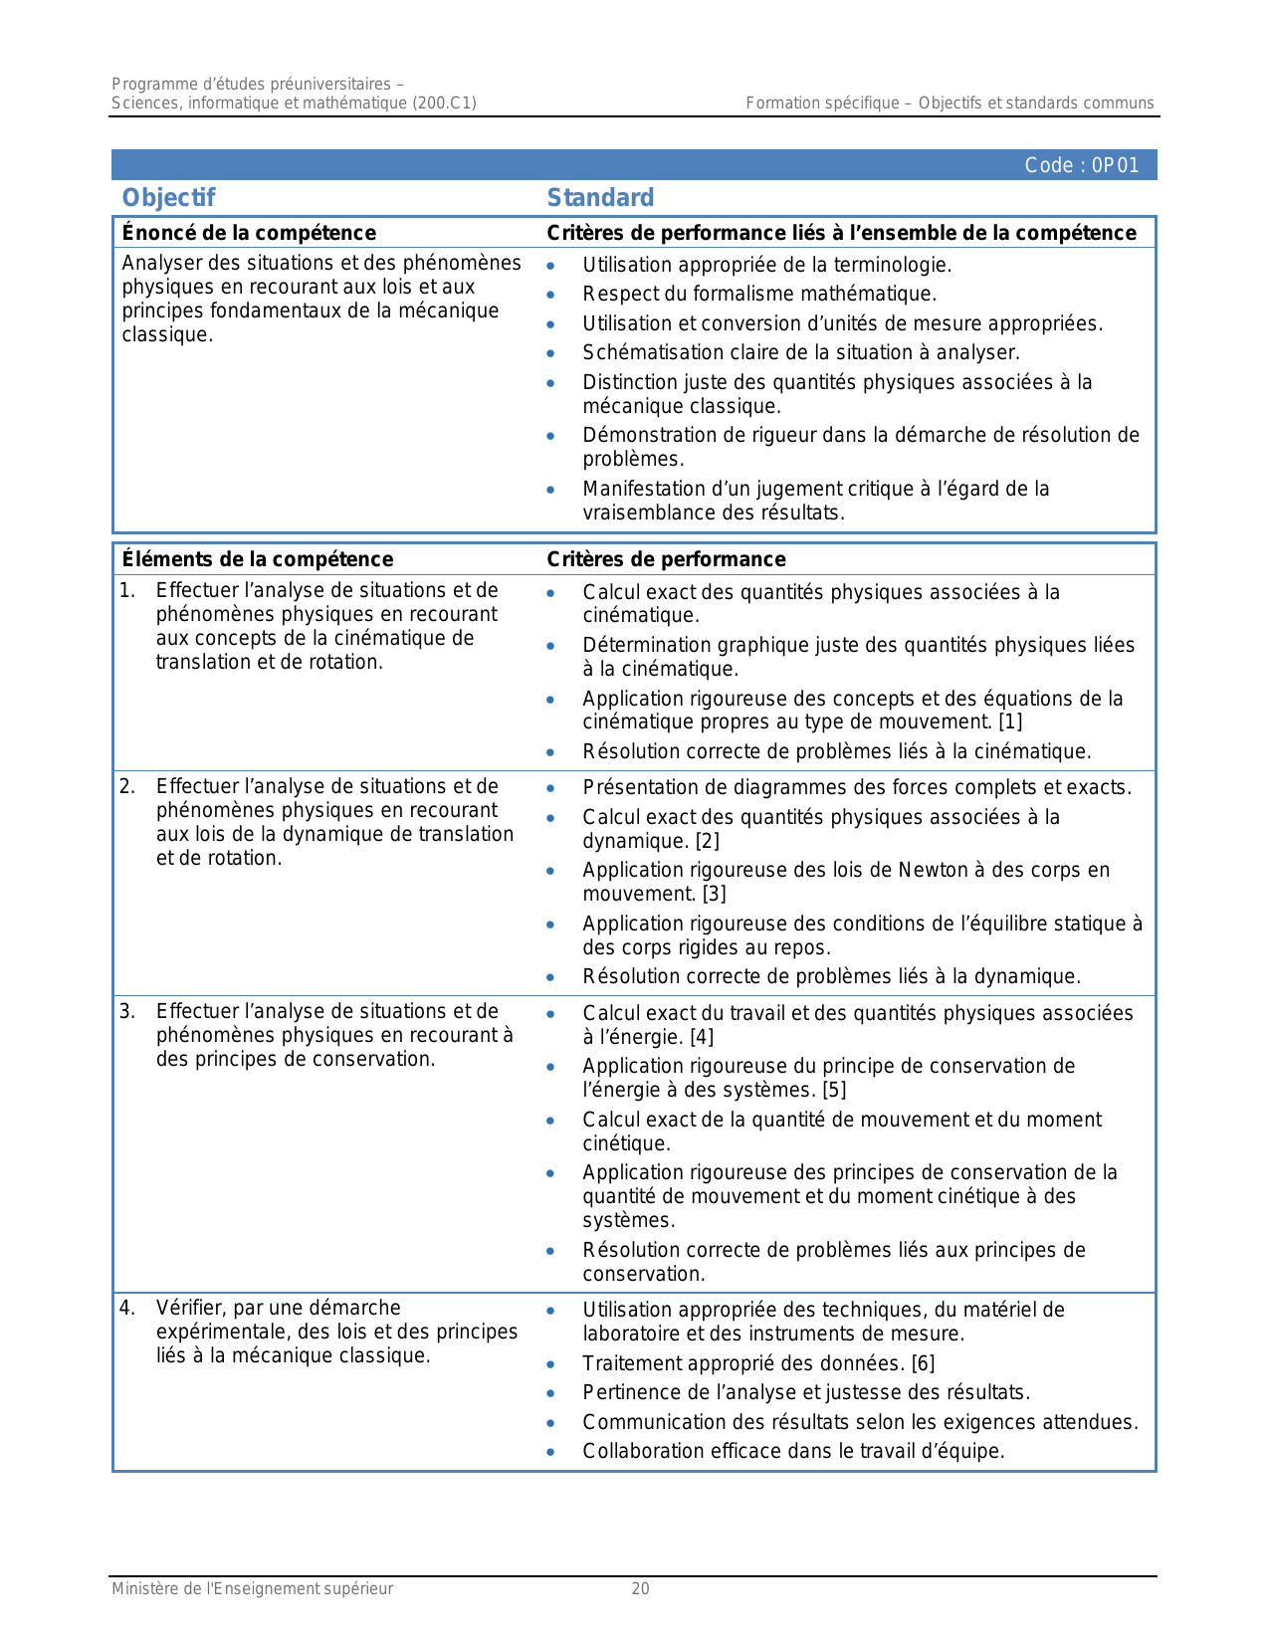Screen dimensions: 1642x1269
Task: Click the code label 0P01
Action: click(x=1082, y=165)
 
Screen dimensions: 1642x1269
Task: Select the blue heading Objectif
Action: click(x=168, y=198)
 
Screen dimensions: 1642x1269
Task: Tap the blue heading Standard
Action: click(x=600, y=198)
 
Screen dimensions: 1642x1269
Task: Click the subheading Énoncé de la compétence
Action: click(x=249, y=233)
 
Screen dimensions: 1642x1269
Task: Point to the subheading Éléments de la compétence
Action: click(x=257, y=559)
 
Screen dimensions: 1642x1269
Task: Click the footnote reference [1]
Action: click(x=1009, y=721)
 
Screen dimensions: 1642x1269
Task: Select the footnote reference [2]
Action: click(x=707, y=841)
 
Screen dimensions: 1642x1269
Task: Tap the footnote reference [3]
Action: click(x=714, y=894)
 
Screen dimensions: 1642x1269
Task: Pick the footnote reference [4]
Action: click(x=702, y=1037)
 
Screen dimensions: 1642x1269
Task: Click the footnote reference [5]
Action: click(x=834, y=1090)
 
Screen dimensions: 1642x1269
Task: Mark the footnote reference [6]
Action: click(x=923, y=1363)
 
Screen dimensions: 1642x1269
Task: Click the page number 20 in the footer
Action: click(x=640, y=1589)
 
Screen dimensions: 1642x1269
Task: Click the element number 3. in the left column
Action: click(x=127, y=1012)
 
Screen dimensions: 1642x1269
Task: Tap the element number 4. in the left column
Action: click(x=127, y=1308)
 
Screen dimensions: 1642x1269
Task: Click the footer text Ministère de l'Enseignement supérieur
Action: click(x=252, y=1589)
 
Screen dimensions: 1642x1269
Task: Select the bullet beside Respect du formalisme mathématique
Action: click(x=550, y=295)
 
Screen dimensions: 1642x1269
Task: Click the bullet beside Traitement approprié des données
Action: click(x=550, y=1364)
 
